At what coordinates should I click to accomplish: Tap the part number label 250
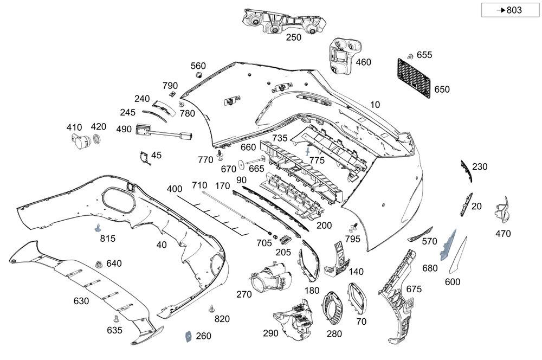[x=293, y=37]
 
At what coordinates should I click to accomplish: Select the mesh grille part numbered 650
[x=418, y=78]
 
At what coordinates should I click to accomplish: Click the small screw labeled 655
[x=410, y=56]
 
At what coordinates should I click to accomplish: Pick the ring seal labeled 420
[x=98, y=141]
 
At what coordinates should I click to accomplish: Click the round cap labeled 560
[x=199, y=74]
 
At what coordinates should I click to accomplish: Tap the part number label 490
[x=124, y=129]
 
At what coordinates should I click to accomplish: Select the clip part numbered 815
[x=99, y=227]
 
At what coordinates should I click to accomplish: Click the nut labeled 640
[x=99, y=265]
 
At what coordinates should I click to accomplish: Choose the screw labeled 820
[x=211, y=309]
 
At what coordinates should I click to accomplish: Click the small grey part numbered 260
[x=186, y=336]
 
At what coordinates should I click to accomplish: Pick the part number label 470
[x=502, y=234]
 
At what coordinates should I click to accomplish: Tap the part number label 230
[x=480, y=166]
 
